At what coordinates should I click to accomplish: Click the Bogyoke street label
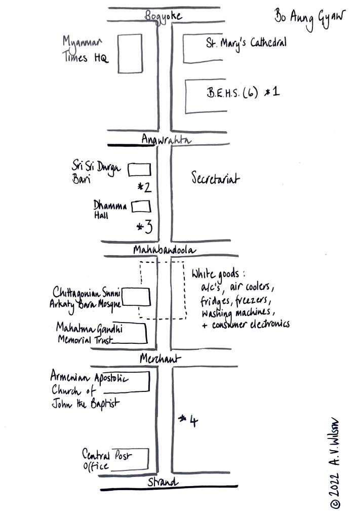(x=163, y=16)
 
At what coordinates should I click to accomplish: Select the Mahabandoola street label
(x=164, y=250)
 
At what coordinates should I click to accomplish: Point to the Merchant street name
(x=161, y=358)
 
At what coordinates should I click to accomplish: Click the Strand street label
(x=163, y=482)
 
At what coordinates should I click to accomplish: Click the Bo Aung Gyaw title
(x=309, y=18)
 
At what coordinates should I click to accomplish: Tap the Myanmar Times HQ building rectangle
(x=130, y=54)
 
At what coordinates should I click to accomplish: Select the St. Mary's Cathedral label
(x=246, y=43)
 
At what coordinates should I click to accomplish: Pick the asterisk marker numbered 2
(x=144, y=188)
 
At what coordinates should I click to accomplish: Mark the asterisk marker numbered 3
(x=144, y=227)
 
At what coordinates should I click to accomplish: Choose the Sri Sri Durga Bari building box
(x=139, y=169)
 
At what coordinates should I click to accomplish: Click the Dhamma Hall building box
(x=141, y=207)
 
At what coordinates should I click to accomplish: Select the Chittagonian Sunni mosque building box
(x=137, y=297)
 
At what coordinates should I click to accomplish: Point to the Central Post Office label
(x=106, y=460)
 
